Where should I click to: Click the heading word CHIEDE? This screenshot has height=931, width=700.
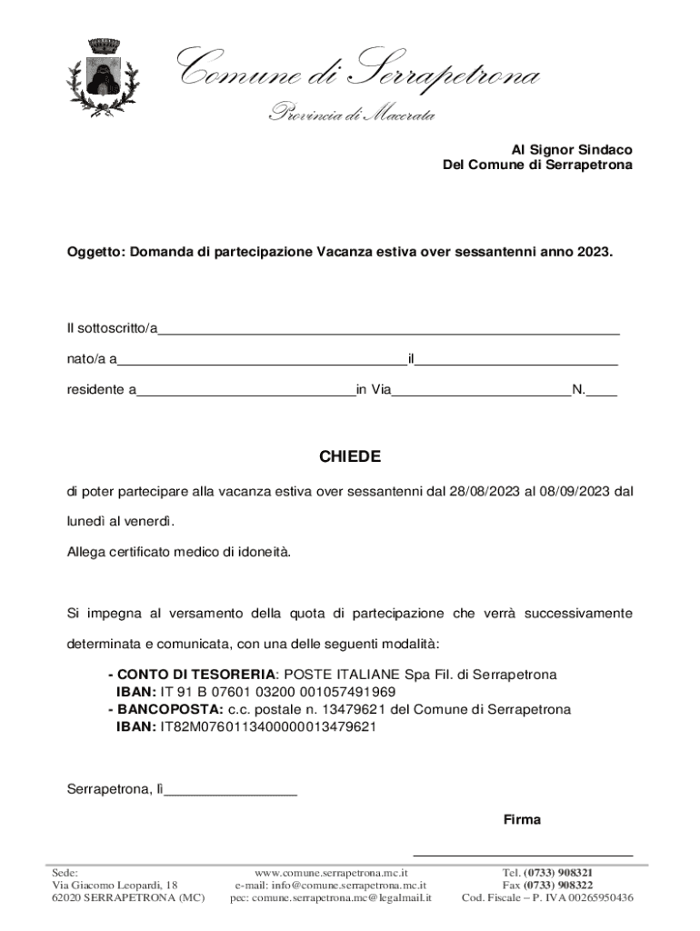(x=350, y=456)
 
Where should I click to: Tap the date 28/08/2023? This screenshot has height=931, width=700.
(x=485, y=492)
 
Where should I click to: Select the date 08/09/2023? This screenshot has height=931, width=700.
(x=574, y=492)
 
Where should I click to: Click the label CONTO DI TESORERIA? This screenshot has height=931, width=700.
(x=195, y=676)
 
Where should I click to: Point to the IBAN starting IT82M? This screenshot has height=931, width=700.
(x=268, y=726)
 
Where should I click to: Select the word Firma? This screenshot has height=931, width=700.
(x=522, y=820)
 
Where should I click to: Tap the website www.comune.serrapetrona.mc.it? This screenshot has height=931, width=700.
(x=331, y=872)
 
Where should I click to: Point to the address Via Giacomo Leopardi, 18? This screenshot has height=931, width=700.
(x=115, y=885)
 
